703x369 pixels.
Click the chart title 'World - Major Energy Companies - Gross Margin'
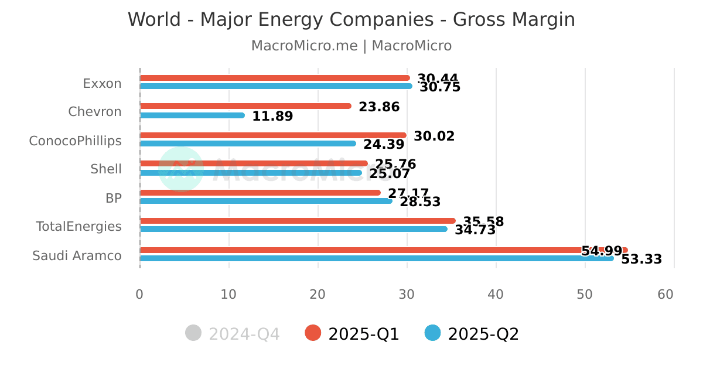[351, 20]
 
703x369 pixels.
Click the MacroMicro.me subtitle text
[351, 46]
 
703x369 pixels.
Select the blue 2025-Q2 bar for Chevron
[192, 115]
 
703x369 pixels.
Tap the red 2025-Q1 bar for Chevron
[245, 106]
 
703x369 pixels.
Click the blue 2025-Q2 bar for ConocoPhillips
[248, 143]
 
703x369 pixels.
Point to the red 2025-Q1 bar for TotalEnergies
[298, 221]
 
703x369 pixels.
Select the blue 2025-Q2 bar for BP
[266, 201]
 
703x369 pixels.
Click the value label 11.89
[272, 117]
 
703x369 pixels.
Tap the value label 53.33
[641, 259]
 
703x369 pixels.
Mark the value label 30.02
[434, 136]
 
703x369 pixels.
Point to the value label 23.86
[379, 107]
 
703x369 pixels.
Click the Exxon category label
[102, 84]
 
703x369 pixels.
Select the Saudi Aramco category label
[77, 256]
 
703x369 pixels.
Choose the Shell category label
[106, 169]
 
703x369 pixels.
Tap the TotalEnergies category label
[79, 227]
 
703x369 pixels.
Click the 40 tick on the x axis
[496, 295]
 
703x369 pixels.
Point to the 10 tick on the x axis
[228, 295]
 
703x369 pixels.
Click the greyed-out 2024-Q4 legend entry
[233, 334]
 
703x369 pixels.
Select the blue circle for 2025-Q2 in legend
[432, 333]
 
